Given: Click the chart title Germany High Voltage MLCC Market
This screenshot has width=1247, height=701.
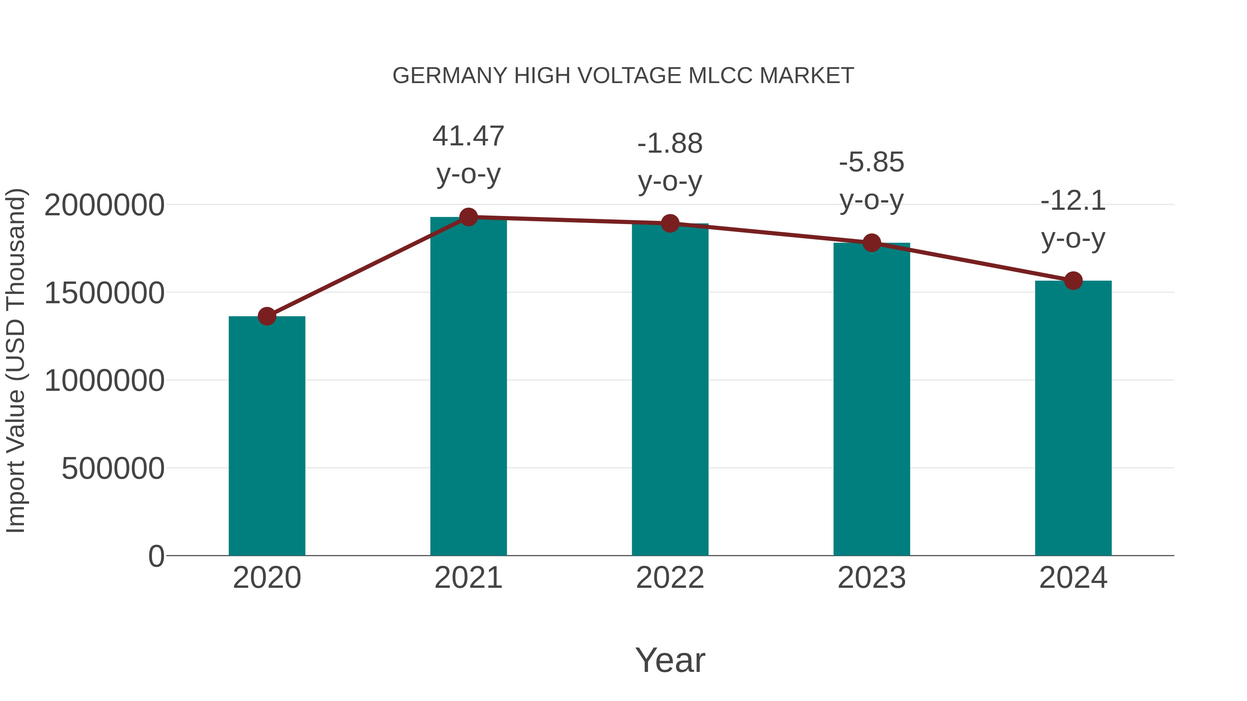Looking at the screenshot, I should click(x=623, y=76).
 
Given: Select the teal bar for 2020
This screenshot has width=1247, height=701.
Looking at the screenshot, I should click(x=267, y=435).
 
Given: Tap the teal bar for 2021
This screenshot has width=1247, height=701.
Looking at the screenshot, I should click(x=468, y=387).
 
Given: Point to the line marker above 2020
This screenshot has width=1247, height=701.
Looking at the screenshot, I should click(x=267, y=316).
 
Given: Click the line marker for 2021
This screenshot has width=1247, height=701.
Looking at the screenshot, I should click(x=468, y=217).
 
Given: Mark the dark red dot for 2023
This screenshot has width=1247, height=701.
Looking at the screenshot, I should click(x=872, y=243).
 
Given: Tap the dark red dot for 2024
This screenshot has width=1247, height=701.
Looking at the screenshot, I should click(x=1073, y=281).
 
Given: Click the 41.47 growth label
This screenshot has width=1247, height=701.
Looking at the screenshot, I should click(x=468, y=136).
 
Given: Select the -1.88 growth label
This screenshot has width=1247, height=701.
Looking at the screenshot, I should click(x=670, y=144).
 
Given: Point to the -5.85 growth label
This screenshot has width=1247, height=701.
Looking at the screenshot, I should click(x=872, y=163).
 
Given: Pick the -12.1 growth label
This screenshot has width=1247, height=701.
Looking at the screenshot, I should click(x=1073, y=201).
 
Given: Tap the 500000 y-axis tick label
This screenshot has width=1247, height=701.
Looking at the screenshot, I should click(x=113, y=468).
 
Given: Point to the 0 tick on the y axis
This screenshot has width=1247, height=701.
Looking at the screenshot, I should click(x=156, y=556).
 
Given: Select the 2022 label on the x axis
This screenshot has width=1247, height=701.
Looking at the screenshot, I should click(x=670, y=578).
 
